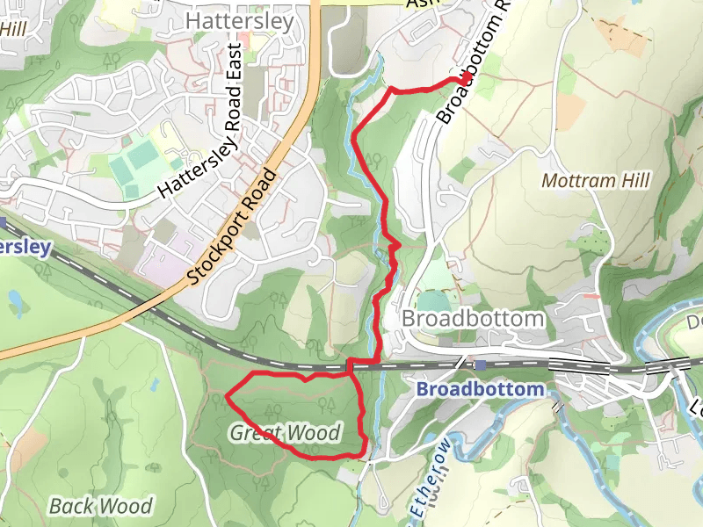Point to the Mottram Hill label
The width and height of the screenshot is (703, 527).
(x=595, y=181)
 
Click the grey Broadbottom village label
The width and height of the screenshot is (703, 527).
(x=473, y=318)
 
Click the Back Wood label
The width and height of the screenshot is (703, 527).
(x=100, y=506)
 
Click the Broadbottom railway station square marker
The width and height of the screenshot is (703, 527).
(x=481, y=365)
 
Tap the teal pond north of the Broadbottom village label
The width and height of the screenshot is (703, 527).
(x=431, y=299)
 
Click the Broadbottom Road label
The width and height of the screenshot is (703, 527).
(x=475, y=61)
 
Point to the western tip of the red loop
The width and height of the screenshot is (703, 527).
(x=227, y=396)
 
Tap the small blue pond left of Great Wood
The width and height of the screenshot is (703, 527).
(x=153, y=385)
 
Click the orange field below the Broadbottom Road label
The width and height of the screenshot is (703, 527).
(x=571, y=111)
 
